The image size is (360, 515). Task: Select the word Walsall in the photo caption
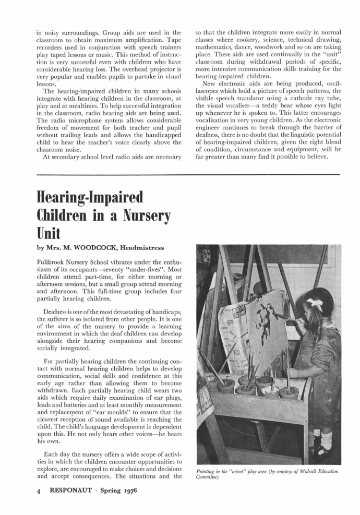pos(296,473)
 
